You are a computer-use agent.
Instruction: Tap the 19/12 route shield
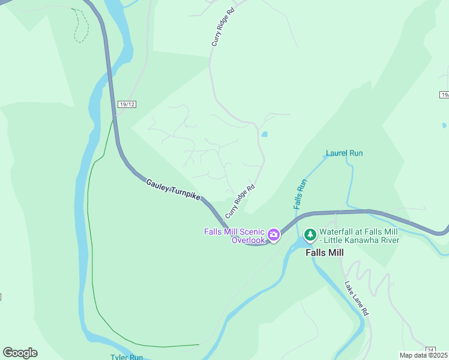[127, 104]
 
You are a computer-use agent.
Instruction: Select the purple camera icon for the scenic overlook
[274, 235]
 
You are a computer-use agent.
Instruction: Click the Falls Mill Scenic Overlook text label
[234, 236]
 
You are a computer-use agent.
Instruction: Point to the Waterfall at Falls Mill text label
[359, 236]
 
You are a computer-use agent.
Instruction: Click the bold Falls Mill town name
[325, 253]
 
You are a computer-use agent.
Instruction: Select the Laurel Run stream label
[344, 153]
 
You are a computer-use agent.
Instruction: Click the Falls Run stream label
[300, 194]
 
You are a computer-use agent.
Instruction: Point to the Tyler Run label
[126, 357]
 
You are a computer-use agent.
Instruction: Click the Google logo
[20, 352]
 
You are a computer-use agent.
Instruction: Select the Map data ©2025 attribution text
[423, 355]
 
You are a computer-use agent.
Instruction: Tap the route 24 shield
[430, 350]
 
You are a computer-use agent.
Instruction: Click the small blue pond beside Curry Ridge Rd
[265, 134]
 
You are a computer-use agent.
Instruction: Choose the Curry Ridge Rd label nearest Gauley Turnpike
[240, 201]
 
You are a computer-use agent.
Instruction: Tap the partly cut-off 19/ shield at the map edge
[444, 95]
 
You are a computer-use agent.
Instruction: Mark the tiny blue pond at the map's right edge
[444, 125]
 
